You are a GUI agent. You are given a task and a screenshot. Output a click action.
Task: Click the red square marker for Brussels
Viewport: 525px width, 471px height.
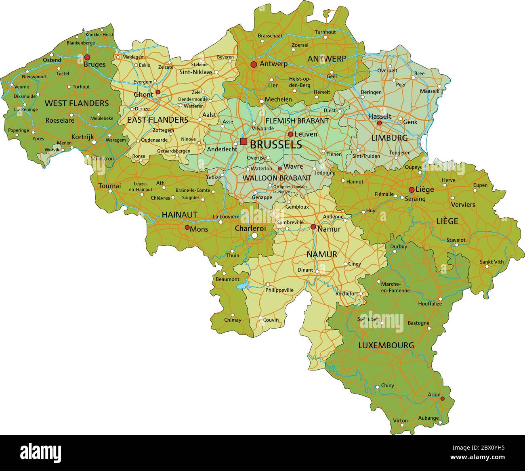[244, 141]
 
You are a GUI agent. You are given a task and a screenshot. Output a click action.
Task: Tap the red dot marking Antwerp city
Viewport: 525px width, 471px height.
[254, 65]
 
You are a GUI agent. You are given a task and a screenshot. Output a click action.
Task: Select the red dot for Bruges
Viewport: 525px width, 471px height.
[87, 57]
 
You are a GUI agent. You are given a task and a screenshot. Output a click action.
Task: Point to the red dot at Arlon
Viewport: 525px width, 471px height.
[442, 398]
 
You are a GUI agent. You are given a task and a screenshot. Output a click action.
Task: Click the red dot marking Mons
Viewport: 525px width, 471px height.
[187, 228]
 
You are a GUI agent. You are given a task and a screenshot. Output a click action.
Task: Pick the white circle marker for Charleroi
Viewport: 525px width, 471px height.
[254, 235]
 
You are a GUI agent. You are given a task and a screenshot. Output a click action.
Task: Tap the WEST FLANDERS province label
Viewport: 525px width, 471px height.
[76, 103]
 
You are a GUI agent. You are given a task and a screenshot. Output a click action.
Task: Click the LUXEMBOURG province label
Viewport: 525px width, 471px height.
[386, 345]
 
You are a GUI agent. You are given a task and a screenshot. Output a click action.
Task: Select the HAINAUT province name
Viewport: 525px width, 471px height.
[179, 215]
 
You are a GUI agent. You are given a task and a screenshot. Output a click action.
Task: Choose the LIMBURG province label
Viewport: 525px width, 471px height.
[389, 138]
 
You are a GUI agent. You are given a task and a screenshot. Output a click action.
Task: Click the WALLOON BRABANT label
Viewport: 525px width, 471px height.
[277, 178]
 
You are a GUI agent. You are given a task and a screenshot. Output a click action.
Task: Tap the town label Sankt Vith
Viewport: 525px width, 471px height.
[491, 262]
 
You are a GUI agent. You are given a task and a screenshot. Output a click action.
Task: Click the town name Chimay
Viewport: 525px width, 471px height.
[233, 320]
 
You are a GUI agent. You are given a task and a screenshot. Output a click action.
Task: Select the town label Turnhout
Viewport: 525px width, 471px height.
[325, 32]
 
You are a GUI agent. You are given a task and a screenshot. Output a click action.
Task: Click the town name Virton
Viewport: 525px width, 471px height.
[400, 421]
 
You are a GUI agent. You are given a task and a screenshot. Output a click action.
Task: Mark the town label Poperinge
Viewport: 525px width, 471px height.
[19, 130]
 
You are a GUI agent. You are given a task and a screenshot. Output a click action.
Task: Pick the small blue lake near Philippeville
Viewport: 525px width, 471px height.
[241, 286]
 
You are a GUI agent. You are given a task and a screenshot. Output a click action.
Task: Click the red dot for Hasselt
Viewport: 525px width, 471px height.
[379, 123]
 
